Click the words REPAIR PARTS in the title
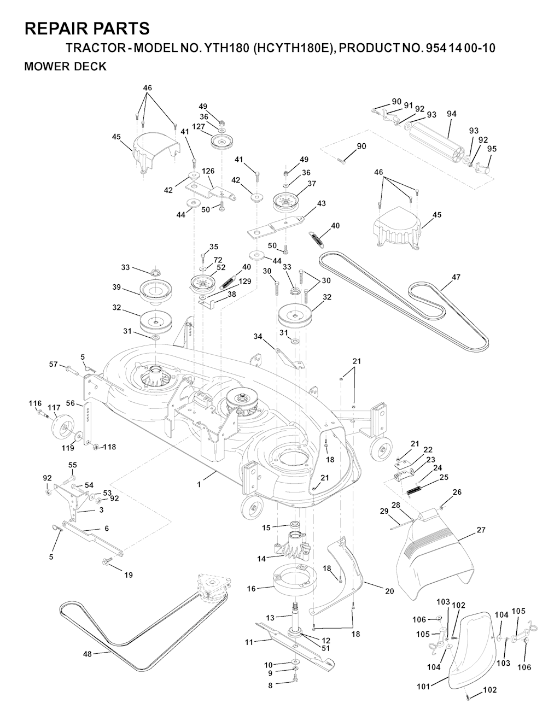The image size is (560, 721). tap(87, 28)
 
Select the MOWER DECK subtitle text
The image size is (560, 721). tap(65, 67)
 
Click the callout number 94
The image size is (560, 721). tap(451, 114)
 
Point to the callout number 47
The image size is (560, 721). tap(456, 277)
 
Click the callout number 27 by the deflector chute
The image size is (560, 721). tap(481, 530)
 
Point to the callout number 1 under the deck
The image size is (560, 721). tap(199, 484)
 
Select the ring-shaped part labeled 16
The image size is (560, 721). tap(295, 581)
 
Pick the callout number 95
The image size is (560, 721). tap(492, 148)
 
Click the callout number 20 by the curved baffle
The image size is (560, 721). tap(389, 591)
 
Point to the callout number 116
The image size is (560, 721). tap(35, 403)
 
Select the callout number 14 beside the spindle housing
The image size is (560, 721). tap(261, 559)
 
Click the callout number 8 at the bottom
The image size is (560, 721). tap(270, 685)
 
